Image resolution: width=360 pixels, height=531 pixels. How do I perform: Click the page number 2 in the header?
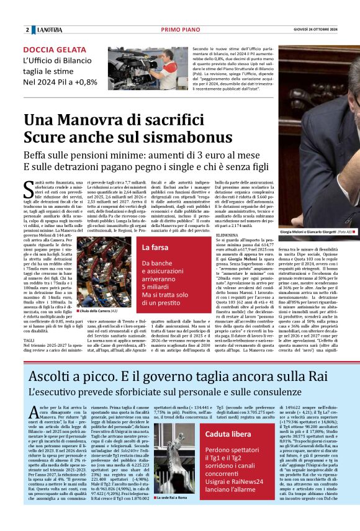27,30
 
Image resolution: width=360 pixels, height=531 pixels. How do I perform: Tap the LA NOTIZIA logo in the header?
49,30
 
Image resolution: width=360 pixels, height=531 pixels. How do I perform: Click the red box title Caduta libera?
228,434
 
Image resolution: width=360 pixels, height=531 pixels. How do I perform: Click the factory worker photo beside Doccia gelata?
146,68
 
